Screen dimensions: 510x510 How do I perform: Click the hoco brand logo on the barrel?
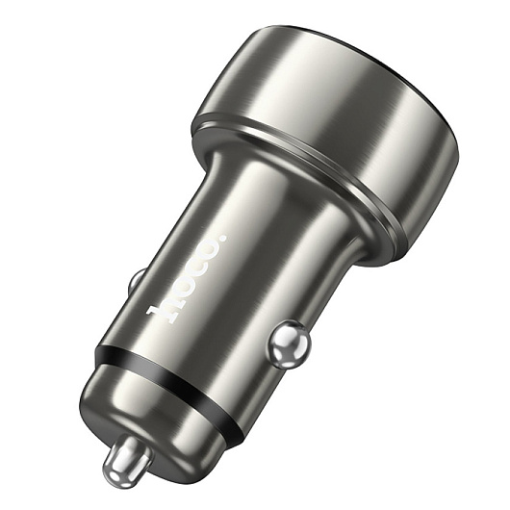coord(187,277)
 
